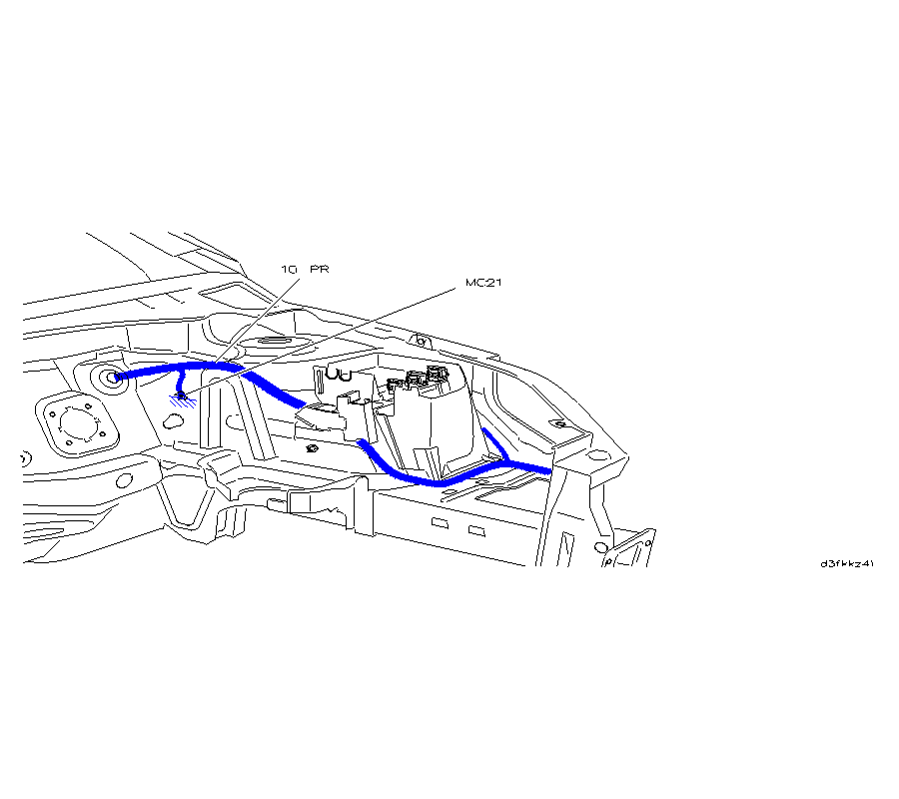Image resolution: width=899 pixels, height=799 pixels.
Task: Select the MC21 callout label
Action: pyautogui.click(x=483, y=283)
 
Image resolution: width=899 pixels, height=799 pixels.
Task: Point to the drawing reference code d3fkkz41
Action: pyautogui.click(x=847, y=563)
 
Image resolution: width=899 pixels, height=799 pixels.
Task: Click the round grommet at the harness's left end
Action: pyautogui.click(x=109, y=378)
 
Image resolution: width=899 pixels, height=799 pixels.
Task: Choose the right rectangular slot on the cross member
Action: pyautogui.click(x=476, y=528)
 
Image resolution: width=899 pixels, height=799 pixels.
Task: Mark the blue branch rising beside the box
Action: pyautogui.click(x=496, y=444)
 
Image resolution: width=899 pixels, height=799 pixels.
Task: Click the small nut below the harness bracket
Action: pyautogui.click(x=313, y=448)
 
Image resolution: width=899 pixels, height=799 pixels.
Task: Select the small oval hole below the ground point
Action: pyautogui.click(x=172, y=422)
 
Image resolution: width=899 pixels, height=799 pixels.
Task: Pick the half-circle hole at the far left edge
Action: pyautogui.click(x=25, y=458)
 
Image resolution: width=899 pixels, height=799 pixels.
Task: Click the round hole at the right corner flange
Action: pyautogui.click(x=597, y=458)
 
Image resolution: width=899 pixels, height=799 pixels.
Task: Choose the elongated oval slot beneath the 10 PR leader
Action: pyautogui.click(x=265, y=342)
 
